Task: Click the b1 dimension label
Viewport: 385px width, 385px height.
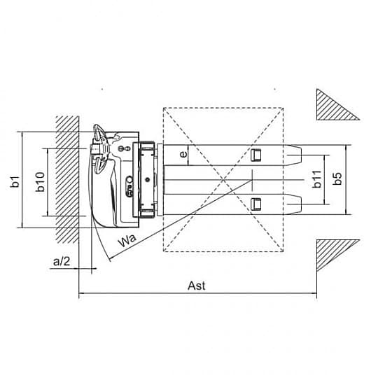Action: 15,182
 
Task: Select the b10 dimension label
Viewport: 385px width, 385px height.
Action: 41,182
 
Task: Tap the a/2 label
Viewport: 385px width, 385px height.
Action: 62,261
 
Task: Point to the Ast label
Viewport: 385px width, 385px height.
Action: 197,286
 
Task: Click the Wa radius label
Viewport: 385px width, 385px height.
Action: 127,241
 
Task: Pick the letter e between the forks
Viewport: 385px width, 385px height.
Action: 183,154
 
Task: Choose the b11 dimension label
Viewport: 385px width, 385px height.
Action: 317,179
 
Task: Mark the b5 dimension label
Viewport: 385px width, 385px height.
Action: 338,178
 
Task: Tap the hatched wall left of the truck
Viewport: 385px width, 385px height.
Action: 67,180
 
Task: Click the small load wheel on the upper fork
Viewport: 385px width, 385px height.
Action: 255,155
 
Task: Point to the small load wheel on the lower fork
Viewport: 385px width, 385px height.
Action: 255,204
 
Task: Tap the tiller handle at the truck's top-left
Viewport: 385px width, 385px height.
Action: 99,149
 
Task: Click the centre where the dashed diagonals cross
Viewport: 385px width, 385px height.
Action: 223,180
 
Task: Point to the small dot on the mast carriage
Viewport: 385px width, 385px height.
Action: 147,180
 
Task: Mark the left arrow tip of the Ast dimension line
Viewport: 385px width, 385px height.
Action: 79,293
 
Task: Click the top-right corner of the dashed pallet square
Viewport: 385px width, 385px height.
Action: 283,108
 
